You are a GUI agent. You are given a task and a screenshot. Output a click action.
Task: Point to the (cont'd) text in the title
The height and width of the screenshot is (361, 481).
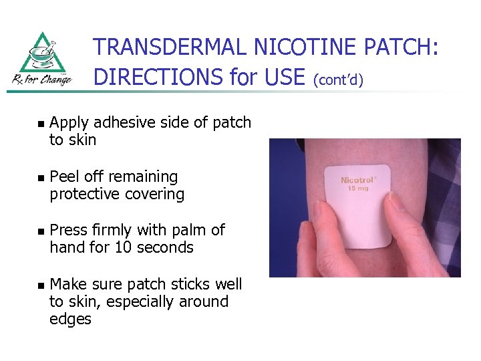[337, 80]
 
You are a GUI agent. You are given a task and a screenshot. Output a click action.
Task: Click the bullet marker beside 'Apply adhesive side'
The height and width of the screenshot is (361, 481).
[40, 124]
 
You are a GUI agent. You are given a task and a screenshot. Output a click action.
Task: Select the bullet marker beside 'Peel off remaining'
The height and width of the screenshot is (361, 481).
[40, 178]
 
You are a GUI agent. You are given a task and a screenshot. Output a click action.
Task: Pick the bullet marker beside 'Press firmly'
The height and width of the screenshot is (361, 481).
[40, 231]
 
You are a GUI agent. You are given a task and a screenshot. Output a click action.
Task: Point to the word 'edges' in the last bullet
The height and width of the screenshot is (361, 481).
[70, 320]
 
